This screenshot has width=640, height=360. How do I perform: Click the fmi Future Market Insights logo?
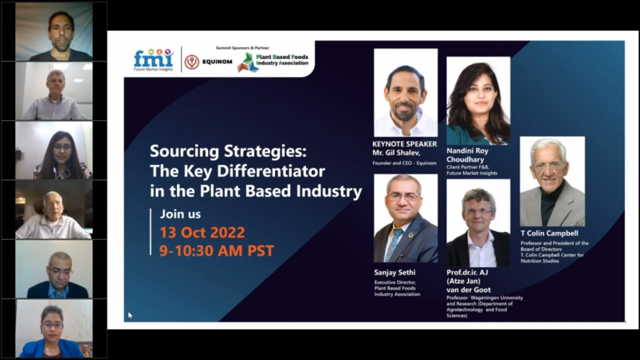click(x=153, y=60)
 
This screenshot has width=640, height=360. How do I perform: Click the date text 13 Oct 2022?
click(x=197, y=233)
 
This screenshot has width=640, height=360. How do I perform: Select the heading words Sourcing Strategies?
click(x=227, y=152)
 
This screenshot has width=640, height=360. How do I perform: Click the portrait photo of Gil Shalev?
click(x=405, y=93)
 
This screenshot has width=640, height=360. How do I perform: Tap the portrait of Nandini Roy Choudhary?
click(x=478, y=101)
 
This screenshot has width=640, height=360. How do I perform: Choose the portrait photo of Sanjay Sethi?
click(x=405, y=218)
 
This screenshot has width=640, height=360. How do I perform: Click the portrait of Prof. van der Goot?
click(x=478, y=223)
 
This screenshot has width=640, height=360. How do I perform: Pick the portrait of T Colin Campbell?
click(x=552, y=181)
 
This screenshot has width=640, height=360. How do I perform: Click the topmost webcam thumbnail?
click(x=54, y=33)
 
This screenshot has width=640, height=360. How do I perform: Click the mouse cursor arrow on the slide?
click(x=130, y=315)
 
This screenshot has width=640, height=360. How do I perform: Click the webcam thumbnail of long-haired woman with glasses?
click(x=54, y=151)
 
